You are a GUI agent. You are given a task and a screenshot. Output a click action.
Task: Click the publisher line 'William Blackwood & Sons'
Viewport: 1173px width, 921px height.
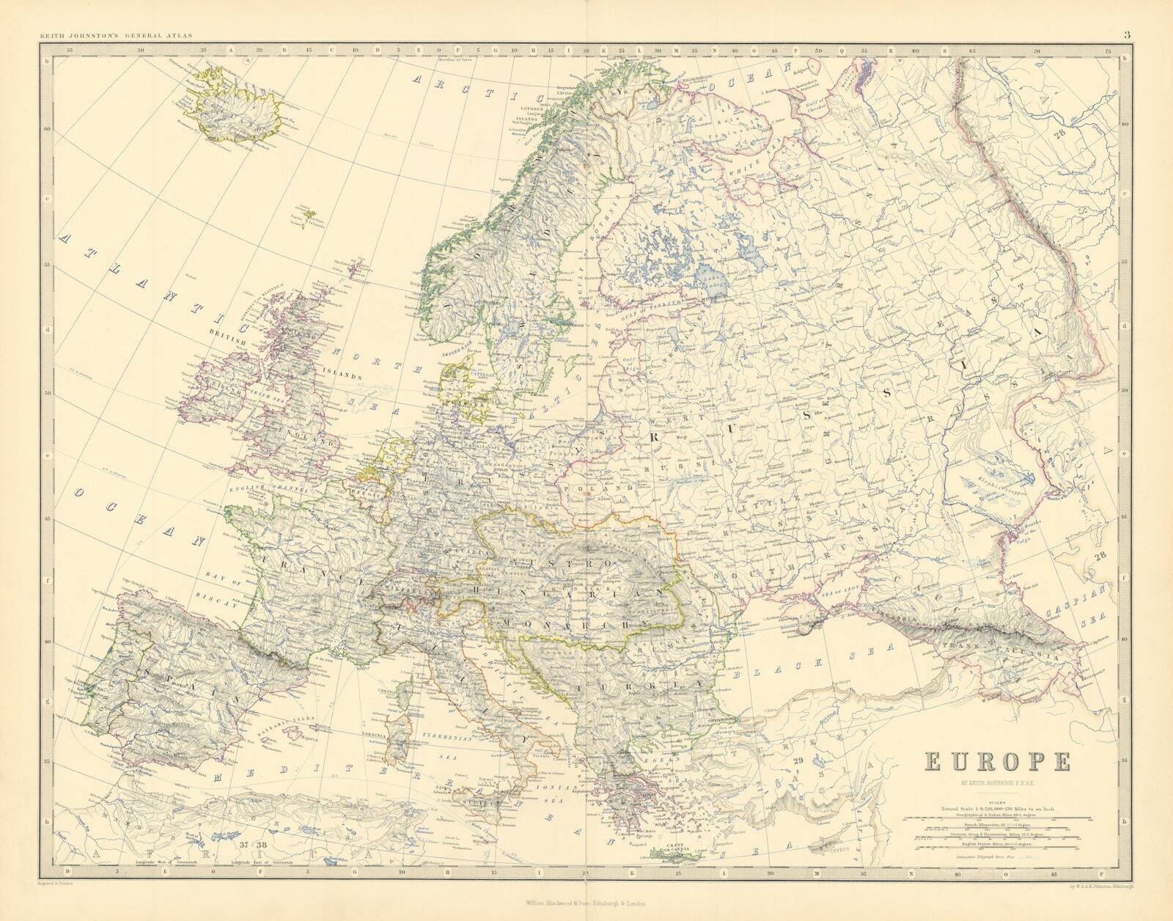586,905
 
